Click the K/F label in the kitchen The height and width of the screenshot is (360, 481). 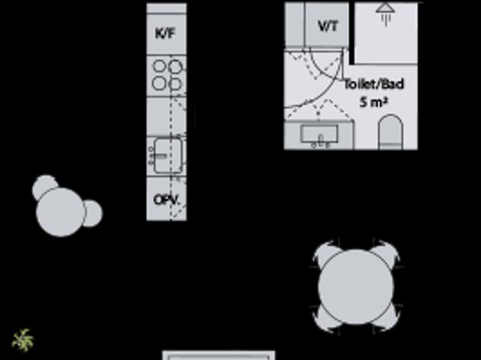pos(165,33)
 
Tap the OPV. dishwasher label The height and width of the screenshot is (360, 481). pos(166,200)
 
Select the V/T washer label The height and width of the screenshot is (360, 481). pos(328,26)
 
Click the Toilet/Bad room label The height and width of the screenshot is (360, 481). pos(374,84)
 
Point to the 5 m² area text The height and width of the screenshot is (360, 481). pos(374,101)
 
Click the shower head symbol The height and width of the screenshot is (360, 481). pos(386,14)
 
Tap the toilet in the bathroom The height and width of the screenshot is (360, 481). pos(391,132)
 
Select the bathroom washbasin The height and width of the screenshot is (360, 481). pos(319,135)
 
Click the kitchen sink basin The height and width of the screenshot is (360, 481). pos(168,156)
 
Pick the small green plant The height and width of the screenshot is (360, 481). pos(23,340)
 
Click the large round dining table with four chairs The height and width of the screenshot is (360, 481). pos(355,286)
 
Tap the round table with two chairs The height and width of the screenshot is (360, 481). pos(60,212)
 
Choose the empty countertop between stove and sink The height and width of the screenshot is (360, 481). pos(167,116)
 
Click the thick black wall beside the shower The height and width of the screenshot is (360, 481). pos(352,33)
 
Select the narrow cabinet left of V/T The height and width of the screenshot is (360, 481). pos(295,25)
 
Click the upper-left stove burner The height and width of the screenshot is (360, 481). pos(159,66)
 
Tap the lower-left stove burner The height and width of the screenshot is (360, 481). pos(159,83)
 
